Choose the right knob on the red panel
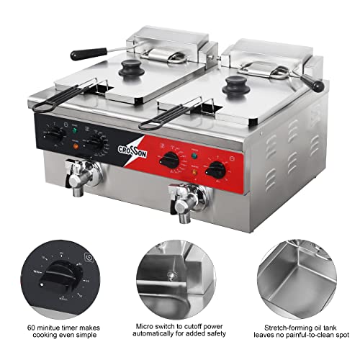click(215, 170)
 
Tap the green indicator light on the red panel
click(193, 153)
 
